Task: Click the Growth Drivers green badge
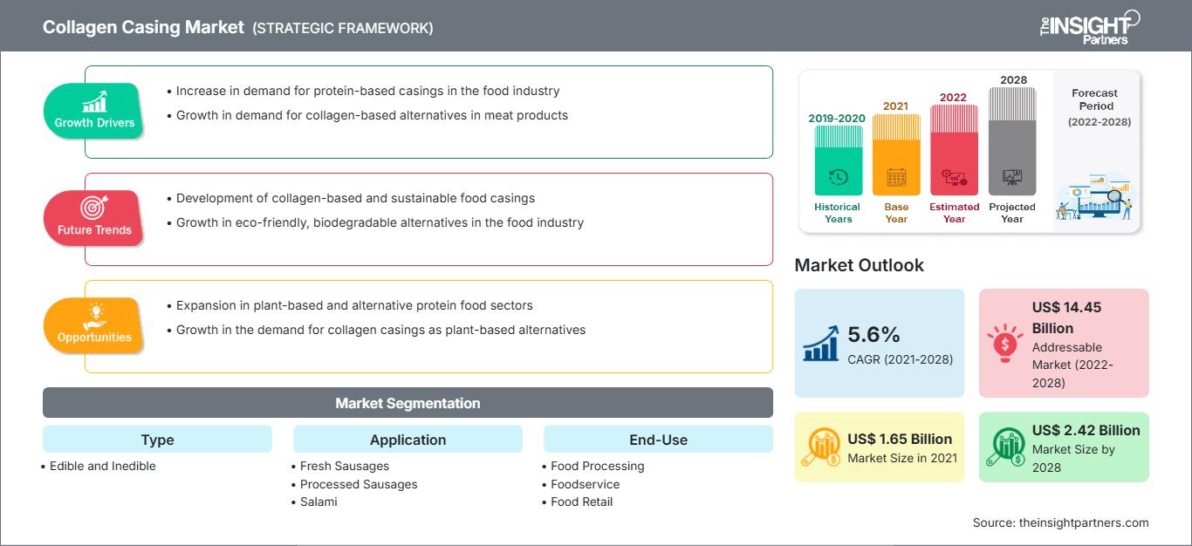[x=93, y=111]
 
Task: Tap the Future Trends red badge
[x=93, y=218]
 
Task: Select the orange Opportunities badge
[x=93, y=325]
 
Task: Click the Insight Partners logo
[x=1090, y=28]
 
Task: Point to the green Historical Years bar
[x=838, y=160]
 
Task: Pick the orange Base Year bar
[x=896, y=154]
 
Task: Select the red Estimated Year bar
[x=954, y=150]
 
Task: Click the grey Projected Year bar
[x=1012, y=141]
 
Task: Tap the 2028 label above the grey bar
[x=1013, y=79]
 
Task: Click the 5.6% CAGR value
[x=873, y=334]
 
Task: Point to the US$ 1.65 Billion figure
[x=900, y=439]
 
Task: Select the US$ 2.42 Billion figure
[x=1086, y=430]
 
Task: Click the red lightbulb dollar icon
[x=1004, y=343]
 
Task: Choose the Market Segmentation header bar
[x=408, y=402]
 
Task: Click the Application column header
[x=408, y=439]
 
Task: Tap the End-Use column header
[x=658, y=439]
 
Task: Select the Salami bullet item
[x=314, y=502]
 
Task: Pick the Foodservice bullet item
[x=581, y=484]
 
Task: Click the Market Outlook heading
[x=859, y=265]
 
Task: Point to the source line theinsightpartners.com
[x=1060, y=522]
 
